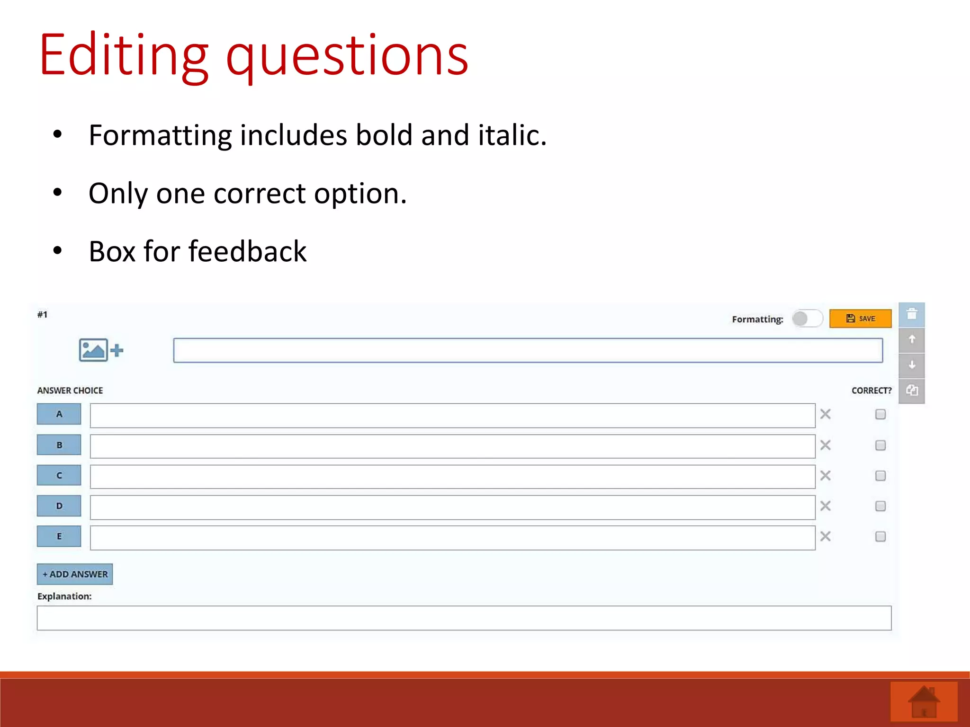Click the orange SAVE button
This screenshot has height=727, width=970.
[860, 319]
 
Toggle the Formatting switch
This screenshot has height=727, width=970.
[808, 319]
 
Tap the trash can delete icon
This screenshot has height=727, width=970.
[912, 314]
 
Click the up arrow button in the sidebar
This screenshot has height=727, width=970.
[912, 340]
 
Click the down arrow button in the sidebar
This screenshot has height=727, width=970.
[912, 365]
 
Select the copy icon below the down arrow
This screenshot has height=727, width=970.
[912, 390]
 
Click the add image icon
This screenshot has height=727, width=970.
[101, 350]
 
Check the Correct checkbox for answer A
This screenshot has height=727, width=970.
[880, 415]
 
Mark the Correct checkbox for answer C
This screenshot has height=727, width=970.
[880, 476]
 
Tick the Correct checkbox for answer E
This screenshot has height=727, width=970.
[880, 537]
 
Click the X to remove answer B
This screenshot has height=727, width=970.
[826, 445]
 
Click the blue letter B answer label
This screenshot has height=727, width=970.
[59, 445]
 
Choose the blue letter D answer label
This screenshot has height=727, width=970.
[59, 506]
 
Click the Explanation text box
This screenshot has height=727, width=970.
[464, 618]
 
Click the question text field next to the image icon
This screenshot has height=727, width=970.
[528, 351]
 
